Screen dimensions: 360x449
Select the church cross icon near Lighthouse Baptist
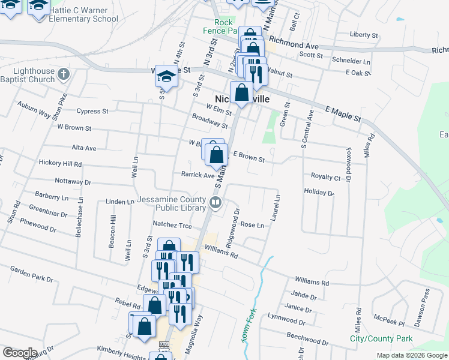point(65,75)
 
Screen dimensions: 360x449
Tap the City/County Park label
point(381,339)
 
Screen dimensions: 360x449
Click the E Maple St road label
point(343,113)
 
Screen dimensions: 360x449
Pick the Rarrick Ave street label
point(197,175)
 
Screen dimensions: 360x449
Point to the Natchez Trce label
point(172,225)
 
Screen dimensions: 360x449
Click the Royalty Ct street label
point(325,177)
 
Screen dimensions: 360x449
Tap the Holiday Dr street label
point(318,193)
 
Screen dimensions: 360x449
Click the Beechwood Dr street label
point(307,337)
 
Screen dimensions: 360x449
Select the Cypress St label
point(92,111)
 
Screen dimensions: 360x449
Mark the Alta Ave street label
point(84,148)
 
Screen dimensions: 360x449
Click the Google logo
point(19,353)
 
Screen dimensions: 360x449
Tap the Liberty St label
point(364,35)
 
